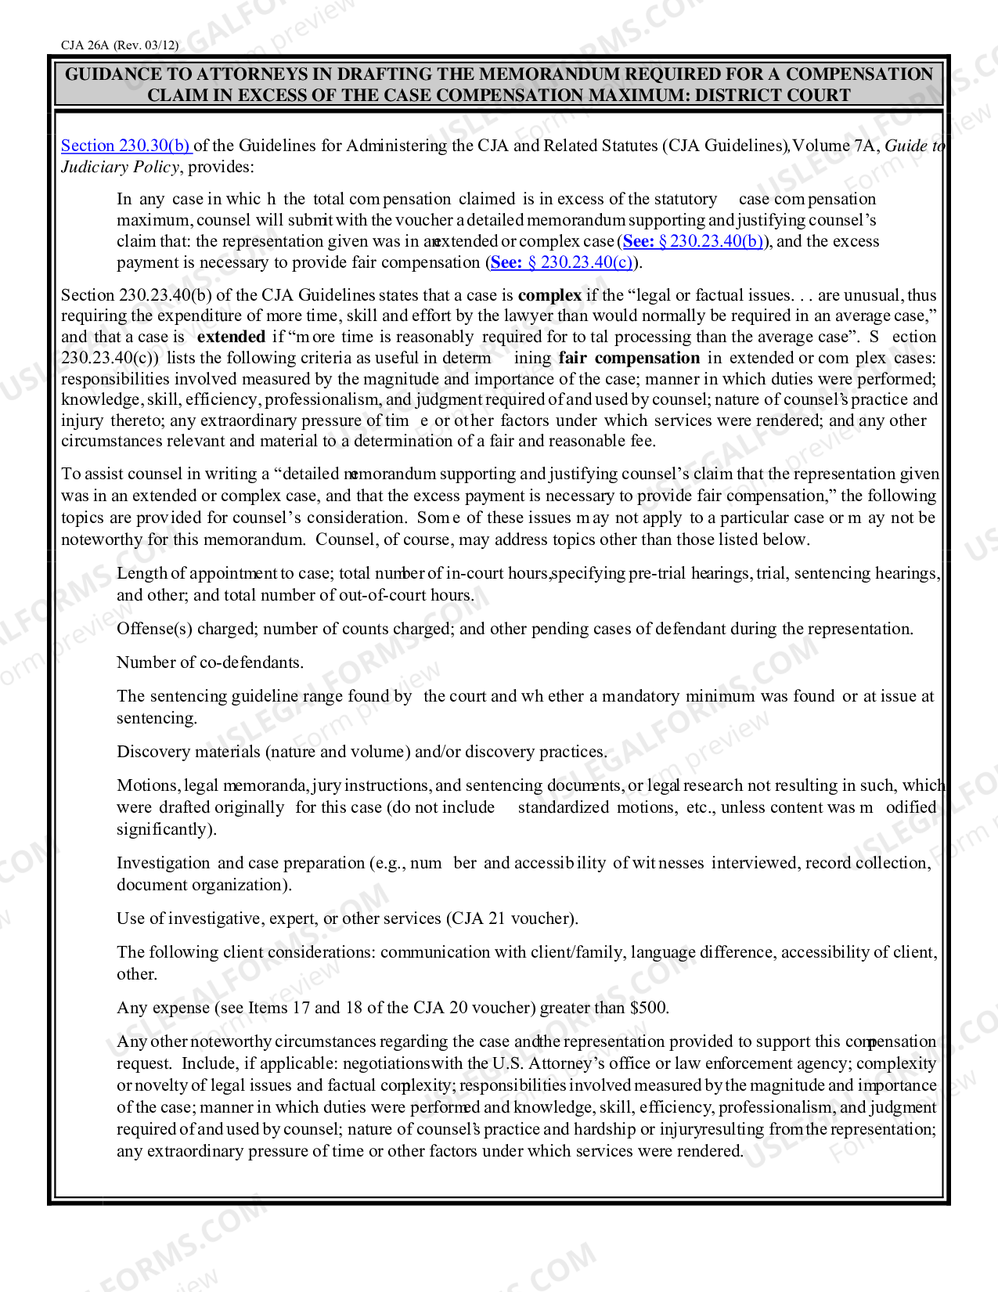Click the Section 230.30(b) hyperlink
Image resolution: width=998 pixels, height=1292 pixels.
[125, 146]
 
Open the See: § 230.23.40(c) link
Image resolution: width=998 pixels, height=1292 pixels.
[561, 262]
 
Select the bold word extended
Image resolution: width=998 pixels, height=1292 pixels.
[231, 337]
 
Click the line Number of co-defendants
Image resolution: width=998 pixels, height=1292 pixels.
[210, 662]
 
